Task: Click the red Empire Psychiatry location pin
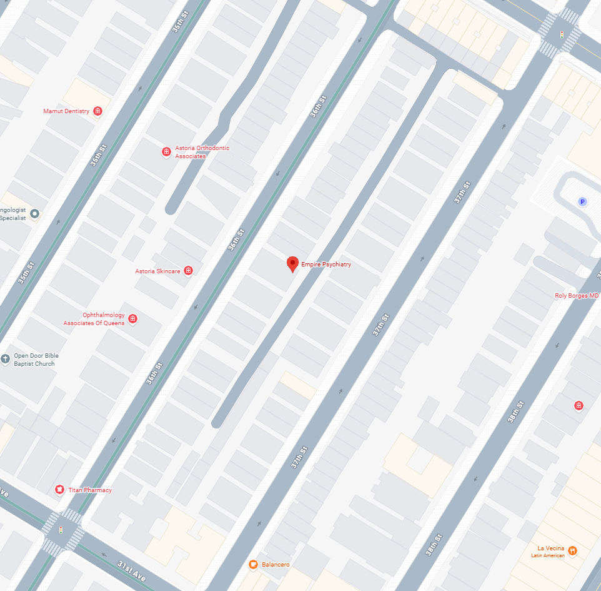click(292, 264)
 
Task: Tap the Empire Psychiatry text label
click(326, 265)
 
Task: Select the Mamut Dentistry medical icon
click(97, 111)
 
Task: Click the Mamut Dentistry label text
click(66, 111)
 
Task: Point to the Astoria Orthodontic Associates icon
click(166, 151)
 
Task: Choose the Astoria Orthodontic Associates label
click(202, 152)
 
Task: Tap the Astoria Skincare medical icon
click(188, 271)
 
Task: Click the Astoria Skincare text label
click(157, 271)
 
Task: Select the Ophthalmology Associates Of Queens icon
click(132, 319)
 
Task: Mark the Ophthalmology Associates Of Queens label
click(94, 319)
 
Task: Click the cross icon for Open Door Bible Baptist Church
click(6, 358)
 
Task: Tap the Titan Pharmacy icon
click(59, 490)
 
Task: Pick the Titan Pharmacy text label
click(90, 490)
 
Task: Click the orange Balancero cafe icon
click(253, 565)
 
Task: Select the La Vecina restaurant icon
click(572, 551)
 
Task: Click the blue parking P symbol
click(582, 201)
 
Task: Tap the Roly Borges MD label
click(577, 296)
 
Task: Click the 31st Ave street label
click(131, 572)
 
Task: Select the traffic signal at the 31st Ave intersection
click(61, 529)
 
